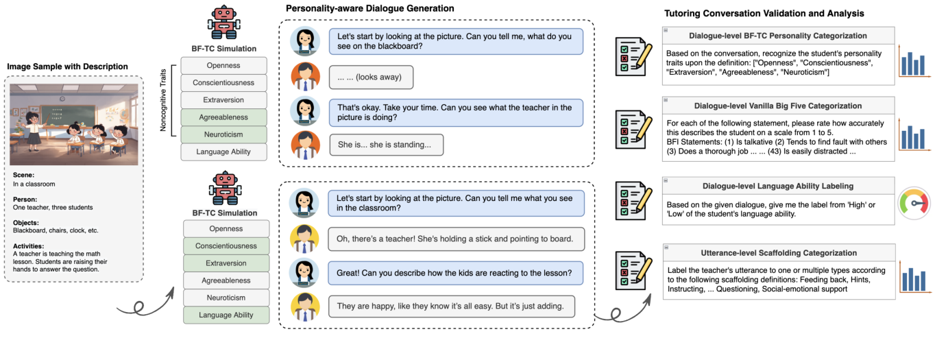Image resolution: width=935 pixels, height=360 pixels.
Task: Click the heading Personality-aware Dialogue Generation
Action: (370, 8)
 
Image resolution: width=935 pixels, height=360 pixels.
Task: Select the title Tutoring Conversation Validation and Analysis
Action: (764, 13)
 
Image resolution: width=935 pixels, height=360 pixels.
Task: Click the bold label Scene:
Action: (23, 175)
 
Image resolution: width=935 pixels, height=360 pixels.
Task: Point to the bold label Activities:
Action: (29, 245)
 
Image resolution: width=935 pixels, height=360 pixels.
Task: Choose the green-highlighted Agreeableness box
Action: (223, 117)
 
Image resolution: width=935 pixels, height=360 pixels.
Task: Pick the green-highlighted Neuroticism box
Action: (223, 134)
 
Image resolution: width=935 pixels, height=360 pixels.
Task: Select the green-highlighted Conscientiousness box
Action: (226, 246)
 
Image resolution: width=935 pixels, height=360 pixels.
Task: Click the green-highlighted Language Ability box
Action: (226, 315)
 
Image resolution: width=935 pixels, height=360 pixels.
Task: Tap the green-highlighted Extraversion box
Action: (226, 263)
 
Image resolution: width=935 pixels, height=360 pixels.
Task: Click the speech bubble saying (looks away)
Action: (371, 77)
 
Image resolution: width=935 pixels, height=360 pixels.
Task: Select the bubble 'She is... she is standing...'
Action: (386, 145)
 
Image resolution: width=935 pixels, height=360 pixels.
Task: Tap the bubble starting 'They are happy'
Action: (450, 306)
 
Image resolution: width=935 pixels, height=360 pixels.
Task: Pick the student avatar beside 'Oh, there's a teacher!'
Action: (304, 238)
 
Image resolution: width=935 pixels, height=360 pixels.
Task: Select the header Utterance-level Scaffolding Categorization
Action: (778, 253)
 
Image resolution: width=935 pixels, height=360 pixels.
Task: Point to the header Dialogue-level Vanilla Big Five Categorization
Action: (778, 106)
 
